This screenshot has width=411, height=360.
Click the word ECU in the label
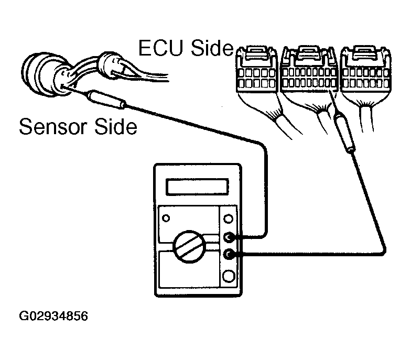pyautogui.click(x=160, y=48)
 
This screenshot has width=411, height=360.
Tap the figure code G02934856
pyautogui.click(x=53, y=316)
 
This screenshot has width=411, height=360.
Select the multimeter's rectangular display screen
pyautogui.click(x=197, y=187)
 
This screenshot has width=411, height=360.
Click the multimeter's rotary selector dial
pyautogui.click(x=189, y=247)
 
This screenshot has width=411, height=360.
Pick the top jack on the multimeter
pyautogui.click(x=228, y=218)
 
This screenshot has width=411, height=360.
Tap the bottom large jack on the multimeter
pyautogui.click(x=229, y=276)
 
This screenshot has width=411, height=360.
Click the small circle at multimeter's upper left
pyautogui.click(x=166, y=218)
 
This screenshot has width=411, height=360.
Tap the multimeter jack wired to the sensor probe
pyautogui.click(x=229, y=237)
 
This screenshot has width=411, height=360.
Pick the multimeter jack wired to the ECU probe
pyautogui.click(x=229, y=254)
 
